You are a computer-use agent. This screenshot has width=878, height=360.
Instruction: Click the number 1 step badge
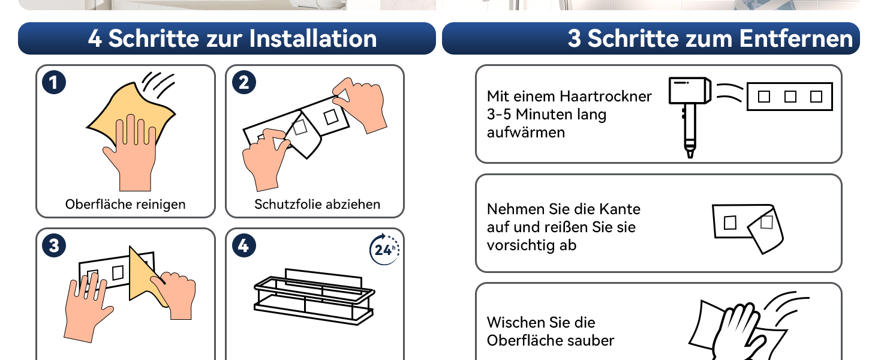pyautogui.click(x=54, y=82)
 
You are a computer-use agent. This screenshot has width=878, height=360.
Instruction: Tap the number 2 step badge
pyautogui.click(x=244, y=82)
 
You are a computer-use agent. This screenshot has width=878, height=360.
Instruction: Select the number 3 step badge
pyautogui.click(x=54, y=245)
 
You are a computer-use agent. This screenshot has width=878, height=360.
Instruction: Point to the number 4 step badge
pyautogui.click(x=244, y=245)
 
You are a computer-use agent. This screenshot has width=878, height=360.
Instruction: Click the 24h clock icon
pyautogui.click(x=384, y=250)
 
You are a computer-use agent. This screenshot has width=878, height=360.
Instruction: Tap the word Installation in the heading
pyautogui.click(x=313, y=38)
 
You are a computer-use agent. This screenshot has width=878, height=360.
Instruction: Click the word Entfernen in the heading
pyautogui.click(x=796, y=38)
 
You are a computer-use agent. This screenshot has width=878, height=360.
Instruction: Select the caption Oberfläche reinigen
pyautogui.click(x=125, y=205)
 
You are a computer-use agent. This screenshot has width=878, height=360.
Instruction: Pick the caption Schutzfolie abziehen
pyautogui.click(x=317, y=205)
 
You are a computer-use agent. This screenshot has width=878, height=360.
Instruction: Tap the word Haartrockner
pyautogui.click(x=605, y=96)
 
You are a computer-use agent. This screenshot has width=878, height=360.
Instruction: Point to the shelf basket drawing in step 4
pyautogui.click(x=314, y=296)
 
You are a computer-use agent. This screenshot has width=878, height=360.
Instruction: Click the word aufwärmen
pyautogui.click(x=525, y=133)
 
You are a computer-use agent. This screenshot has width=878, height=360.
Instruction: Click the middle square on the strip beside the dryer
pyautogui.click(x=790, y=97)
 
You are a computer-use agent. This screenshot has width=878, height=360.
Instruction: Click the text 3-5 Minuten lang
pyautogui.click(x=546, y=115)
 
